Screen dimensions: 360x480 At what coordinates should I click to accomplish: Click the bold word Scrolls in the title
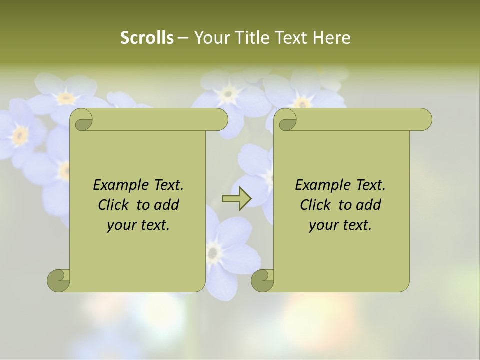(x=147, y=38)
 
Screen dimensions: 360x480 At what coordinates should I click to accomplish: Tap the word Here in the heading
(x=332, y=38)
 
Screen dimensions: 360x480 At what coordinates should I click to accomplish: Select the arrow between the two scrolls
(x=236, y=199)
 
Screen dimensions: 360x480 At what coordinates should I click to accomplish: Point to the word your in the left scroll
(x=122, y=225)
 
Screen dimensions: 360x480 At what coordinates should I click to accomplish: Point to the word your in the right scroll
(x=324, y=225)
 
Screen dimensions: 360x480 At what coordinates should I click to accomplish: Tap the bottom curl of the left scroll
(x=58, y=280)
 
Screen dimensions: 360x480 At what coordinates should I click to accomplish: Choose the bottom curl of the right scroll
(x=262, y=280)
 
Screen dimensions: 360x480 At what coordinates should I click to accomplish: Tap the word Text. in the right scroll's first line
(x=371, y=185)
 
